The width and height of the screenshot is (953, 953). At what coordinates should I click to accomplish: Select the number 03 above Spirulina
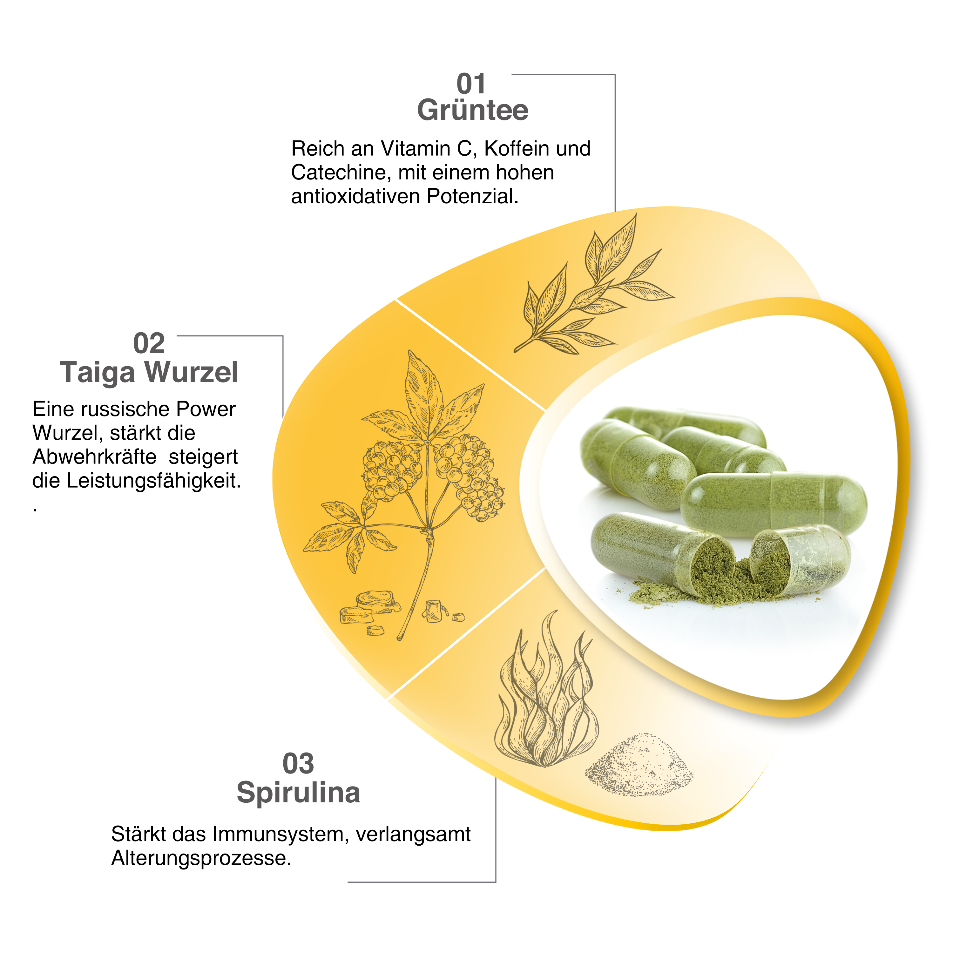[x=298, y=764]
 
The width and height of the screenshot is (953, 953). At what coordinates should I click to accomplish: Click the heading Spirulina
[x=298, y=792]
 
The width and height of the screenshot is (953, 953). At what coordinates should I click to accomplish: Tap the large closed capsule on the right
[x=774, y=503]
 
